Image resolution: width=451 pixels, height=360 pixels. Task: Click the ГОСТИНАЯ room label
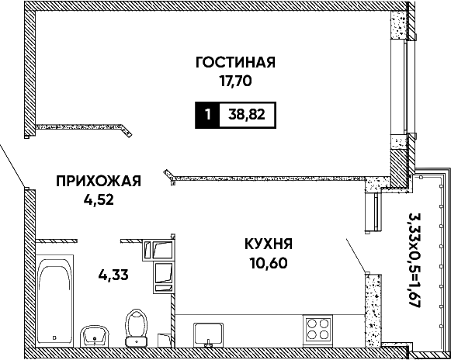[x=235, y=62]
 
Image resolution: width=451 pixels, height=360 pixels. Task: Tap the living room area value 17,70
[x=236, y=81]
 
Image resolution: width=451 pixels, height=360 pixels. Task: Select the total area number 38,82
[x=247, y=115]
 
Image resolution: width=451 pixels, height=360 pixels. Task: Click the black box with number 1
[x=207, y=115]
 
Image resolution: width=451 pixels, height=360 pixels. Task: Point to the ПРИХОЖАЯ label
[x=99, y=182]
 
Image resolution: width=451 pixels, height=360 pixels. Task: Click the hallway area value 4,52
[x=99, y=200]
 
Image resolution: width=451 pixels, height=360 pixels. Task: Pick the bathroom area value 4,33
[x=113, y=275]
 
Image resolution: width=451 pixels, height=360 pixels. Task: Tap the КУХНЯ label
[x=269, y=244]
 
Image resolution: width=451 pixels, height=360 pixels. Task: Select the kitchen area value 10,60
[x=269, y=263]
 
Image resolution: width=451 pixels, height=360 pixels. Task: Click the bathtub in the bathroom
[x=54, y=300]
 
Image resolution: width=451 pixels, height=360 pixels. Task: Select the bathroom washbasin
[x=95, y=337]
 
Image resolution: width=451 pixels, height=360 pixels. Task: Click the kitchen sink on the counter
[x=208, y=334]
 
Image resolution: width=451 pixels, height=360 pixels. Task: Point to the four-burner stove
[x=317, y=329]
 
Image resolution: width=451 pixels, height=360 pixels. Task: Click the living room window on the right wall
[x=404, y=86]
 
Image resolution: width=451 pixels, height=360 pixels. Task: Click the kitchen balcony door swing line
[x=356, y=255]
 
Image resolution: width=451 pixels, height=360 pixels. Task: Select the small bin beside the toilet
[x=164, y=340]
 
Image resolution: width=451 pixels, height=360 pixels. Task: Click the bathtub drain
[x=54, y=337]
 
